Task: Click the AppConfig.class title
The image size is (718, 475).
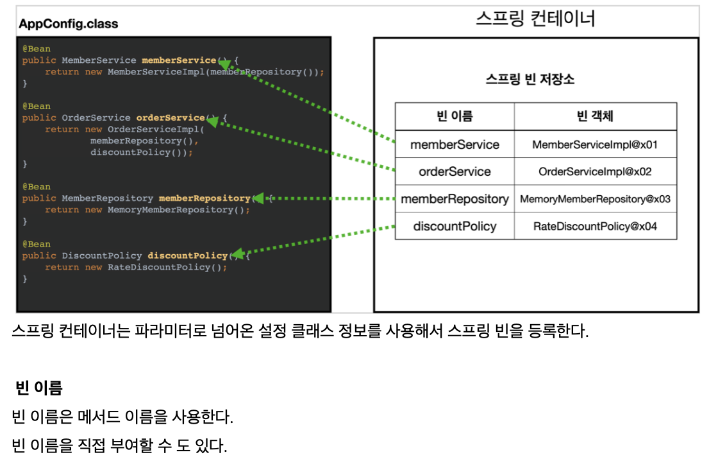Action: (69, 24)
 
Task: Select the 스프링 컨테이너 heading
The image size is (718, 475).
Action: (535, 18)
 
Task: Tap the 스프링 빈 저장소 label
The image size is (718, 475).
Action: (530, 80)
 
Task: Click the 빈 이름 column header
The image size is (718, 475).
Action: (455, 116)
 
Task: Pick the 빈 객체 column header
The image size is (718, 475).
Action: (595, 116)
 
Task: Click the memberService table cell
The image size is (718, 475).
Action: (455, 144)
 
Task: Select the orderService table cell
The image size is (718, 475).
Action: (455, 171)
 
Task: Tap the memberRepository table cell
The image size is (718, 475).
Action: (455, 199)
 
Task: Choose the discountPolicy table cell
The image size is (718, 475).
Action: (455, 226)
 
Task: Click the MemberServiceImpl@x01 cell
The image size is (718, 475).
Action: (595, 144)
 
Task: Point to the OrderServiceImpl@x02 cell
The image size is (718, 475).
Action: (595, 171)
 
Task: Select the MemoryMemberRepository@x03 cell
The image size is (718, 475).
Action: (595, 199)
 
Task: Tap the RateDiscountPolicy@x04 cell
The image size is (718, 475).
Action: (595, 226)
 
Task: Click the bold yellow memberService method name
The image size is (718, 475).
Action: (179, 60)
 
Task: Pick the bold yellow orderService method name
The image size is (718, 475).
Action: (171, 118)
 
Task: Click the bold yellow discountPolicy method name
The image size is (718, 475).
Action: (187, 255)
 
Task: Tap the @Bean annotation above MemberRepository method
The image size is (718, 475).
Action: (37, 187)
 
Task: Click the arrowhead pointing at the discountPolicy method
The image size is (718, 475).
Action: (237, 254)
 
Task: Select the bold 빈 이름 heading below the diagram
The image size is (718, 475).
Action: (39, 388)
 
